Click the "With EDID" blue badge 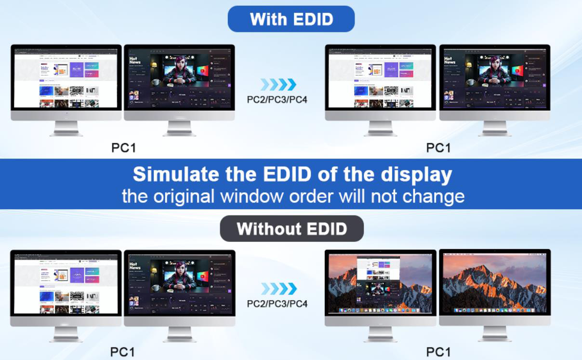tap(291, 19)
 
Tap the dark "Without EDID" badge tap(291, 228)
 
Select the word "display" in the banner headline tap(417, 174)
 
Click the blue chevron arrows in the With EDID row tap(278, 85)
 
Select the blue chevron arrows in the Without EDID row tap(278, 289)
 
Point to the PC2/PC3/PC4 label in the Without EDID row tap(277, 304)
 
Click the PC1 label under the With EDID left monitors tap(123, 147)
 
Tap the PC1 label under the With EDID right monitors tap(438, 147)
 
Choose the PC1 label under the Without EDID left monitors tap(122, 352)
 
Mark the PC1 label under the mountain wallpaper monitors tap(438, 352)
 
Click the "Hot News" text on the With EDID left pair tap(134, 61)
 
